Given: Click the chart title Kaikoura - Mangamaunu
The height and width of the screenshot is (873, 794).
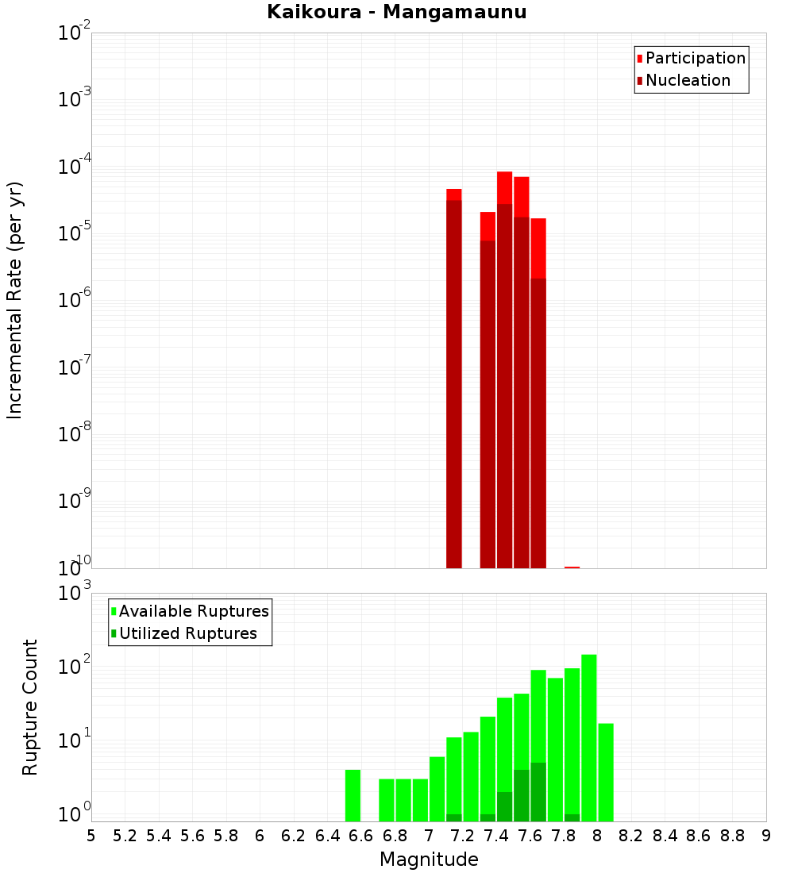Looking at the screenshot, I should [x=396, y=12].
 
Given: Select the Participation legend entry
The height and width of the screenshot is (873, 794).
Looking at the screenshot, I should [x=695, y=58].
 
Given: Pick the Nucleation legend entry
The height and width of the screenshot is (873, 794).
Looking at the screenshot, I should [x=688, y=80].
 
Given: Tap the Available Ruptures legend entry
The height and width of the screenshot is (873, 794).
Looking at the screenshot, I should [x=193, y=611].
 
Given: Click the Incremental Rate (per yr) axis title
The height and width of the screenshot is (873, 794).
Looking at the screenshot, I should [x=15, y=300].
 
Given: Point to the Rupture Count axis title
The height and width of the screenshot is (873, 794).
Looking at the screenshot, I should [x=30, y=707].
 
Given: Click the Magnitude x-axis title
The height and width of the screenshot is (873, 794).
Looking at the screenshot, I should [x=429, y=860].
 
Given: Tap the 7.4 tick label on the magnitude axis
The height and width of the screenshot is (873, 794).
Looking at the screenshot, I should [x=496, y=836].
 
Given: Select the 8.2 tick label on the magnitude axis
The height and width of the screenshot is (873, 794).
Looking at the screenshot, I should [x=631, y=836].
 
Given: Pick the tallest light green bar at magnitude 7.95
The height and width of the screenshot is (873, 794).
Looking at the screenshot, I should [x=588, y=738].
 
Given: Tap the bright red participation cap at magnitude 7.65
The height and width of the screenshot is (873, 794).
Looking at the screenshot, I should [x=538, y=248].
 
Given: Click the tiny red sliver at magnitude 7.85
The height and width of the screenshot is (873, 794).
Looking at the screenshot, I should [x=572, y=567].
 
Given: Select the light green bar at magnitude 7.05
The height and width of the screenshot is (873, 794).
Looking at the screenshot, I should [x=437, y=789].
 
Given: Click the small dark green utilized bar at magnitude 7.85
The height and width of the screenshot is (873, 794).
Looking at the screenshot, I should [x=572, y=817].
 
